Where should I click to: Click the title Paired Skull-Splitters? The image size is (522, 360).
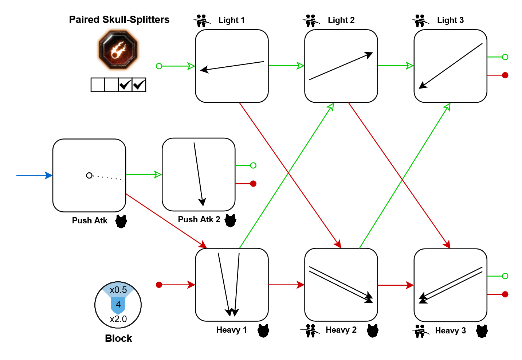[119, 20]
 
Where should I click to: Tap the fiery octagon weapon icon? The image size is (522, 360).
[118, 50]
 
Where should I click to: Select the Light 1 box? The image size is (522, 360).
[232, 66]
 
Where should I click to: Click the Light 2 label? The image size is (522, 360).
[341, 20]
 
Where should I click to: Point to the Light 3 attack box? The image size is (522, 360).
[450, 66]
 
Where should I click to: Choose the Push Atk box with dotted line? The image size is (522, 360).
[89, 175]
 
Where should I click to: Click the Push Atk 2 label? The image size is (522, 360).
[199, 219]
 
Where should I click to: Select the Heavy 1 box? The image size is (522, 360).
[232, 285]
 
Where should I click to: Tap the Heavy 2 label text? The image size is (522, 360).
[341, 330]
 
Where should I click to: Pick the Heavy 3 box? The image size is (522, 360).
[450, 285]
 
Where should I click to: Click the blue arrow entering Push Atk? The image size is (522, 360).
[35, 175]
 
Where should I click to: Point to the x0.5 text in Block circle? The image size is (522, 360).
[118, 290]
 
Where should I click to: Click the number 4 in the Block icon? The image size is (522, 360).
[118, 304]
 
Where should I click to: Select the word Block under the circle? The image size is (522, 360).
[118, 339]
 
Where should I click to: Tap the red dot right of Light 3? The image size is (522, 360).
[505, 75]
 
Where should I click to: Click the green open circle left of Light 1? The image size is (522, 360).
[159, 66]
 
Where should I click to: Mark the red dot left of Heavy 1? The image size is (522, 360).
[159, 285]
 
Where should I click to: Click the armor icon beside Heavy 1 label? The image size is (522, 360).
[263, 330]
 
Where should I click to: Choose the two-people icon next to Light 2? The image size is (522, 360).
[310, 21]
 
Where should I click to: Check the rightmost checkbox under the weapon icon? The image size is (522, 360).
[139, 85]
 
